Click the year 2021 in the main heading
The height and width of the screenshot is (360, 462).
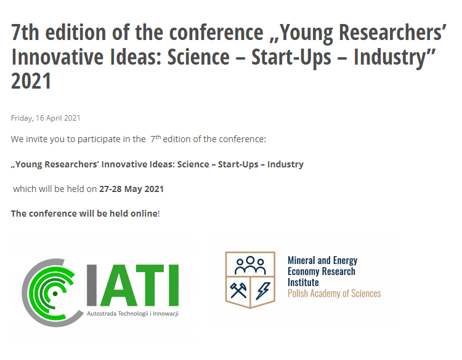pyautogui.click(x=31, y=81)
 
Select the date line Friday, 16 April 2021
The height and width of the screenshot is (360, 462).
pyautogui.click(x=46, y=118)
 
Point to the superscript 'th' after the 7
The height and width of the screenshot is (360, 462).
pyautogui.click(x=158, y=137)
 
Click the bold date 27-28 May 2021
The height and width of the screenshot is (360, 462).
pyautogui.click(x=131, y=189)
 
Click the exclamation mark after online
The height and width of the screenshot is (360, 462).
pyautogui.click(x=159, y=214)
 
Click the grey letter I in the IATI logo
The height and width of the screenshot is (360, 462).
pyautogui.click(x=92, y=285)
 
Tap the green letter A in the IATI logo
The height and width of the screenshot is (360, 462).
pyautogui.click(x=118, y=285)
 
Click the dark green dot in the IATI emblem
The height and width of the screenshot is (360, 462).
pyautogui.click(x=55, y=294)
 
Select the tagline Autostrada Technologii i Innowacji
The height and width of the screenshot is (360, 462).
pyautogui.click(x=132, y=314)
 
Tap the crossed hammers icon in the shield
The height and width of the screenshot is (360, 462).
pyautogui.click(x=238, y=290)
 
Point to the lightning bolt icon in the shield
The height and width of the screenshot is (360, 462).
pyautogui.click(x=263, y=291)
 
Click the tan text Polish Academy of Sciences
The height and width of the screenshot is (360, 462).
pyautogui.click(x=334, y=294)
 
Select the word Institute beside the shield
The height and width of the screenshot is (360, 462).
pyautogui.click(x=303, y=282)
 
